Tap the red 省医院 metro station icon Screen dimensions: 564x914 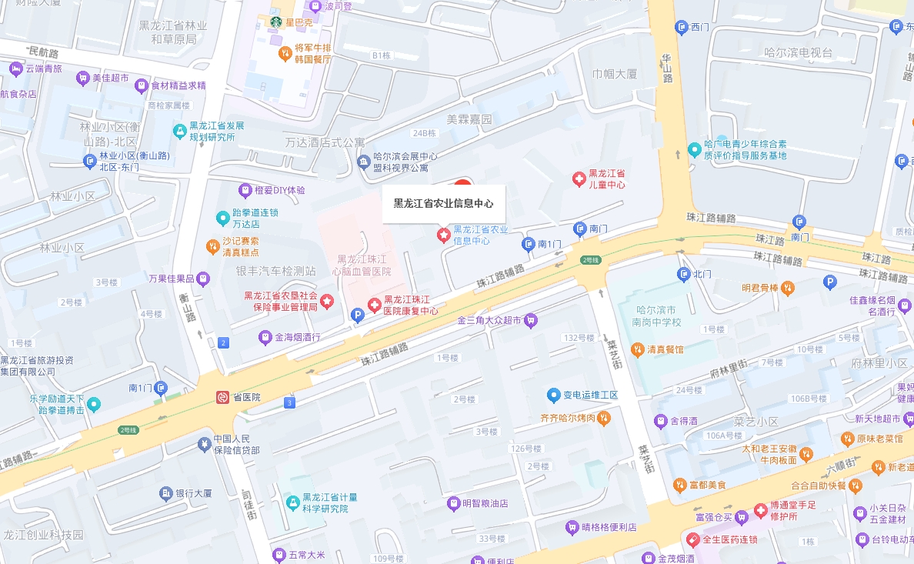tap(222, 397)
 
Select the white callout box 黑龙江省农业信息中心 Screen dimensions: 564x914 tap(444, 204)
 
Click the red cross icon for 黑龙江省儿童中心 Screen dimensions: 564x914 tap(579, 179)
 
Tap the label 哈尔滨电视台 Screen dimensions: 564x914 tap(799, 52)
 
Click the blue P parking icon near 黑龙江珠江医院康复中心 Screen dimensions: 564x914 tap(357, 315)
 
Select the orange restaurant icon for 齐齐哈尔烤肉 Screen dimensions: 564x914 tap(604, 419)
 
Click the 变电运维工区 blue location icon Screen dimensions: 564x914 tap(553, 395)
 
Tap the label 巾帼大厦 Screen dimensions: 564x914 tap(615, 74)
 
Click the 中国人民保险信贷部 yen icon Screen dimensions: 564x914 tap(204, 444)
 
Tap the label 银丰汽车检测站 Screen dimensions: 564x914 tap(276, 271)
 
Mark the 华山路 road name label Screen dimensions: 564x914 tap(667, 68)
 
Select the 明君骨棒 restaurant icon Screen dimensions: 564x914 tap(787, 288)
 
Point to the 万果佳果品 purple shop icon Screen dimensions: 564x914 tap(202, 278)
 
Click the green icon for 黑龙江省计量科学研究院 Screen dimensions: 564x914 tap(292, 502)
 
